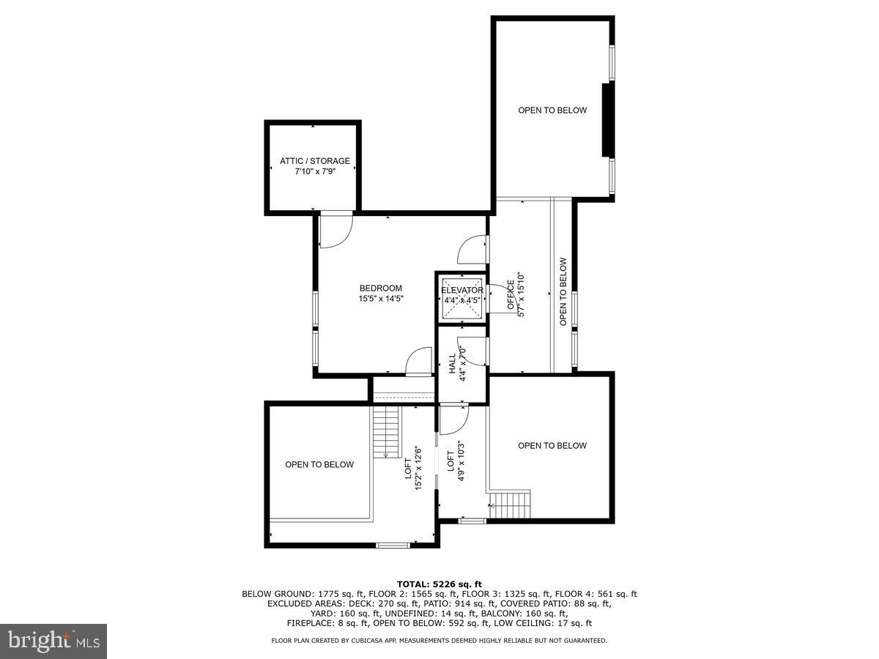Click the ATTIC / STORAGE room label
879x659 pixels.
pyautogui.click(x=314, y=161)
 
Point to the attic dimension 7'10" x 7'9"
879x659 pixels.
pyautogui.click(x=314, y=172)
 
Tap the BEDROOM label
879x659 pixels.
pyautogui.click(x=380, y=288)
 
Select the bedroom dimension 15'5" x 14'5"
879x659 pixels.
pyautogui.click(x=380, y=299)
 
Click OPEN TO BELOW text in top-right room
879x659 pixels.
pyautogui.click(x=552, y=111)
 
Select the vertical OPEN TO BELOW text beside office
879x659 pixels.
pyautogui.click(x=563, y=291)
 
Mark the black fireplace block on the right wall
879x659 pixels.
pyautogui.click(x=606, y=120)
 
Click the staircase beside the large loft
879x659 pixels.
pyautogui.click(x=386, y=432)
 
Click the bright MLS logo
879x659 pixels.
pyautogui.click(x=53, y=641)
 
